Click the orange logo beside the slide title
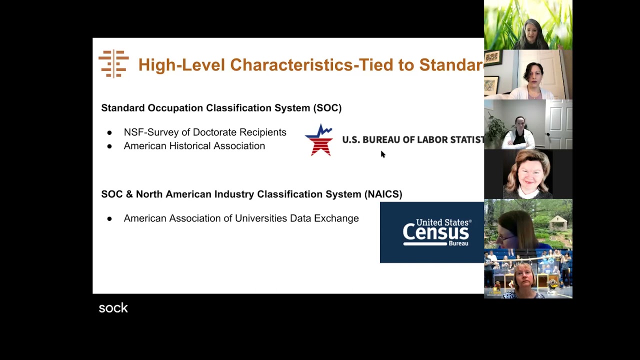[113, 63]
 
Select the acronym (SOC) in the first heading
[327, 108]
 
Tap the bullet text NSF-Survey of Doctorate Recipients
[205, 132]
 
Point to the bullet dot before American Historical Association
[109, 146]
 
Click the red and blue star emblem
[319, 140]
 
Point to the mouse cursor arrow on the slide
[382, 154]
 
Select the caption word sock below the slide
[113, 308]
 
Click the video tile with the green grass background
[528, 25]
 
